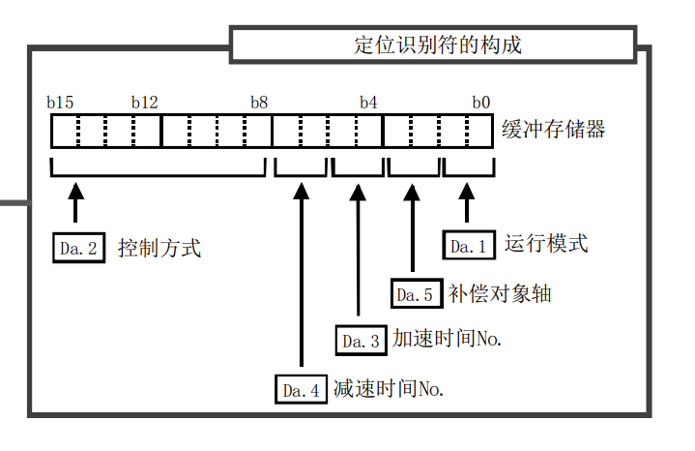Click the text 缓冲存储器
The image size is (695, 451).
[x=554, y=129]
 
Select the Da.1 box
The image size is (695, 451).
[x=469, y=245]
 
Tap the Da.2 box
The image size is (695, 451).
[x=78, y=248]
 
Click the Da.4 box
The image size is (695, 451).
[x=300, y=389]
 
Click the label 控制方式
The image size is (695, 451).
[x=159, y=248]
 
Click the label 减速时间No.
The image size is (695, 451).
[x=388, y=389]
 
